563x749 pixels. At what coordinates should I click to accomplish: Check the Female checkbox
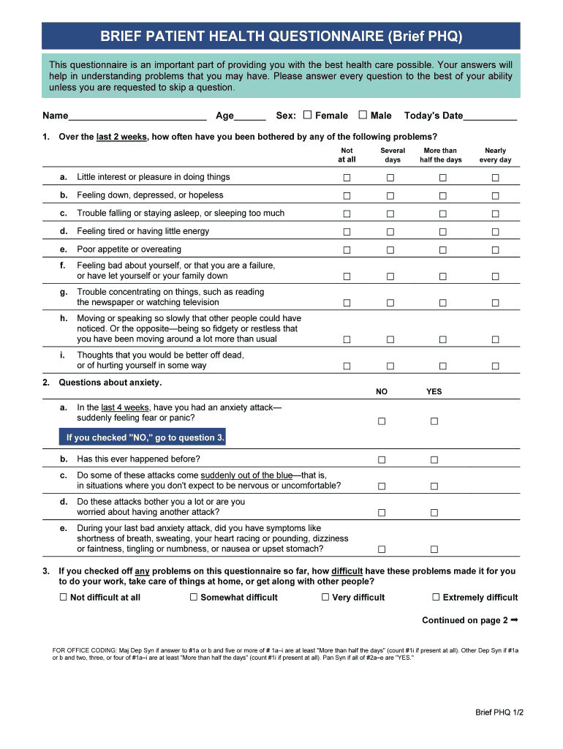307,115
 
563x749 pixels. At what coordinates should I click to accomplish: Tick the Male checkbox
363,115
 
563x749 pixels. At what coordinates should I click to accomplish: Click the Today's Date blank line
491,116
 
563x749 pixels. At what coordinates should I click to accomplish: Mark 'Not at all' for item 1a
347,178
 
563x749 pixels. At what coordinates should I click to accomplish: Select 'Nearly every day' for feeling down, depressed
495,196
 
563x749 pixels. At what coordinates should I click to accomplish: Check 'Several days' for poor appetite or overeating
390,250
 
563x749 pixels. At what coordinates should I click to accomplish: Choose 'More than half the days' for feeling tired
442,232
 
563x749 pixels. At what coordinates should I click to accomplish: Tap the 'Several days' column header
393,155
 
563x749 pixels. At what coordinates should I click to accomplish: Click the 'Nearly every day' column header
495,155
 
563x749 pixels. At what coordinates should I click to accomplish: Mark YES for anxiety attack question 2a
434,421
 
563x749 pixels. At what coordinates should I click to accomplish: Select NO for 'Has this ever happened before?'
381,460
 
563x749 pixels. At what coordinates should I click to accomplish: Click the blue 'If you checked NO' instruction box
143,438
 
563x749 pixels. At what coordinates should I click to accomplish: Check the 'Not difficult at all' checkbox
63,598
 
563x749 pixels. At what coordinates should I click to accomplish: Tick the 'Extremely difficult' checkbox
436,598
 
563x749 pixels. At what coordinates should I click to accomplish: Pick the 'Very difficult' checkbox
325,598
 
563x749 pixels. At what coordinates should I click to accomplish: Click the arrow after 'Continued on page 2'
514,620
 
